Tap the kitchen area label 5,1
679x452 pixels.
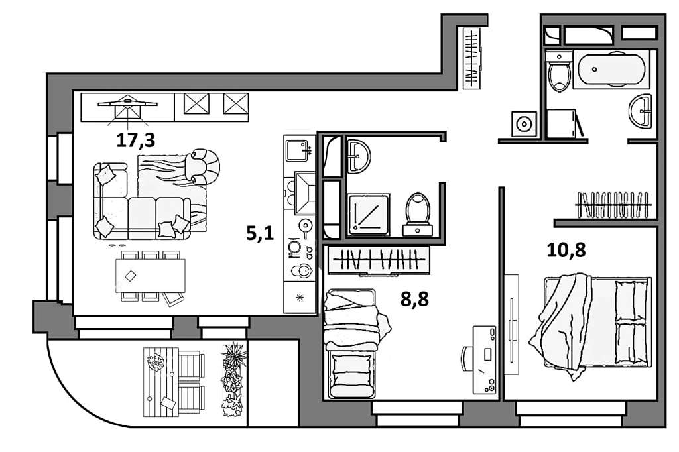(x=260, y=233)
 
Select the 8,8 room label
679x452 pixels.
(x=414, y=299)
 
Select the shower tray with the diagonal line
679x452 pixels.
(x=369, y=213)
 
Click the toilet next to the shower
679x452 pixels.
(x=418, y=212)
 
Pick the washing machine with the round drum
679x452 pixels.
(x=524, y=123)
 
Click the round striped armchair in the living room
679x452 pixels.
(x=205, y=165)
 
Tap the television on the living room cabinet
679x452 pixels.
(x=127, y=105)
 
